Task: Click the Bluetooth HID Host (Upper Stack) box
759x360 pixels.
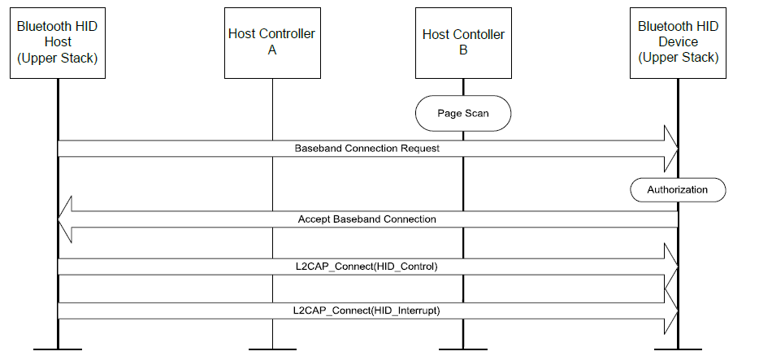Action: (x=58, y=42)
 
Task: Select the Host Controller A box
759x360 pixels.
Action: (x=272, y=42)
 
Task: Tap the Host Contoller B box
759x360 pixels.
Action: (x=463, y=42)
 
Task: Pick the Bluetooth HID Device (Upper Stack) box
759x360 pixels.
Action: (x=678, y=42)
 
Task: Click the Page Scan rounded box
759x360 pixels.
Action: (x=463, y=113)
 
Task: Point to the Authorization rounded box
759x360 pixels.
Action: (x=677, y=189)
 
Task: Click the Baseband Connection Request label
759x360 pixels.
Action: (x=366, y=149)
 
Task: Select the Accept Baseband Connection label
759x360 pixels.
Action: (x=366, y=219)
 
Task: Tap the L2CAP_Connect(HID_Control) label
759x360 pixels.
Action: (x=366, y=267)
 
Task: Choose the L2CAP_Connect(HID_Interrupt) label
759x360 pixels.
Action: (x=366, y=310)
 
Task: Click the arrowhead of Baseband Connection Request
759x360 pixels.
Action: (x=671, y=149)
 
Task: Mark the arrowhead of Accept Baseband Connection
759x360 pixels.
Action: (x=66, y=219)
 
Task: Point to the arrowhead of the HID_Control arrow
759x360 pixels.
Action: (x=671, y=267)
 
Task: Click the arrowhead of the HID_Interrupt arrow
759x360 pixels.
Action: (x=671, y=310)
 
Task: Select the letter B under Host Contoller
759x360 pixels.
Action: (x=463, y=50)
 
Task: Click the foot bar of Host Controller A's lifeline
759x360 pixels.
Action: (x=272, y=349)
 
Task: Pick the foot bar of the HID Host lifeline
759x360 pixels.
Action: (x=58, y=349)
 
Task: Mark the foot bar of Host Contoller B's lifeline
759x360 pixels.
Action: (x=463, y=349)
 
